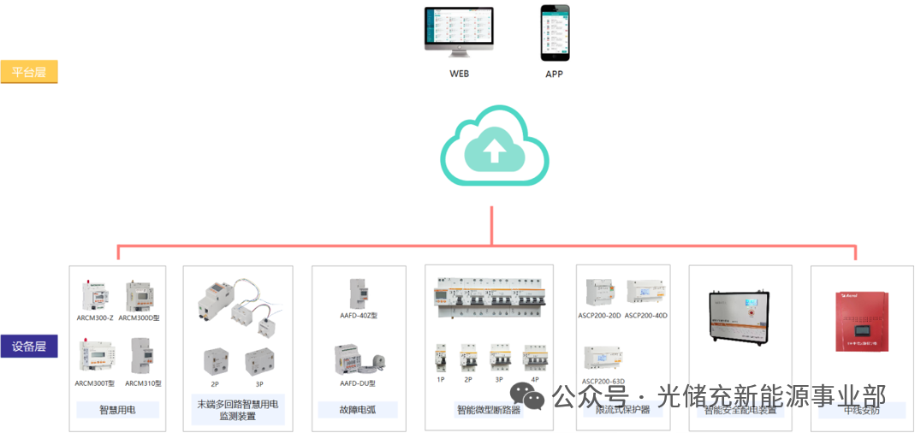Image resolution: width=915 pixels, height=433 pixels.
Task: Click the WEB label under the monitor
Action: click(x=460, y=74)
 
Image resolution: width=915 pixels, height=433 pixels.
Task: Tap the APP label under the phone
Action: click(x=555, y=74)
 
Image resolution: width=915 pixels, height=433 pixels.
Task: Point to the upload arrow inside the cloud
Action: click(x=494, y=151)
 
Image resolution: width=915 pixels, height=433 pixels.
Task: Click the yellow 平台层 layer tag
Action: click(x=29, y=72)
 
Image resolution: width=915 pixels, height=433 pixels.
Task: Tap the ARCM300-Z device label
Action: click(x=94, y=317)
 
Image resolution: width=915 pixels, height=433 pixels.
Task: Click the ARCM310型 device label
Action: click(x=142, y=383)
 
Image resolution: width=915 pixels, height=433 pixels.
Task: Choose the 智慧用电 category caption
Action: click(x=117, y=410)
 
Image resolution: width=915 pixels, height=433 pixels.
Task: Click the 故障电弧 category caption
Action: click(x=358, y=410)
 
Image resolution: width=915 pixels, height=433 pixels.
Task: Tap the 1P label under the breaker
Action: click(x=441, y=378)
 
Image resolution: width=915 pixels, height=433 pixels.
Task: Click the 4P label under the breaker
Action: click(x=534, y=378)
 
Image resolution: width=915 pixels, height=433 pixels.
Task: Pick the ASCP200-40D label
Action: click(x=645, y=316)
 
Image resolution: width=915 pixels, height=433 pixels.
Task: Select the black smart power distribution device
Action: click(x=740, y=322)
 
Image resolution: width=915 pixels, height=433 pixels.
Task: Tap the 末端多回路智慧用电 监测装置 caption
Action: click(x=238, y=410)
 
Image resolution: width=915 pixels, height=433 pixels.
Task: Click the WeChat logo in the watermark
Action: click(x=526, y=395)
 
